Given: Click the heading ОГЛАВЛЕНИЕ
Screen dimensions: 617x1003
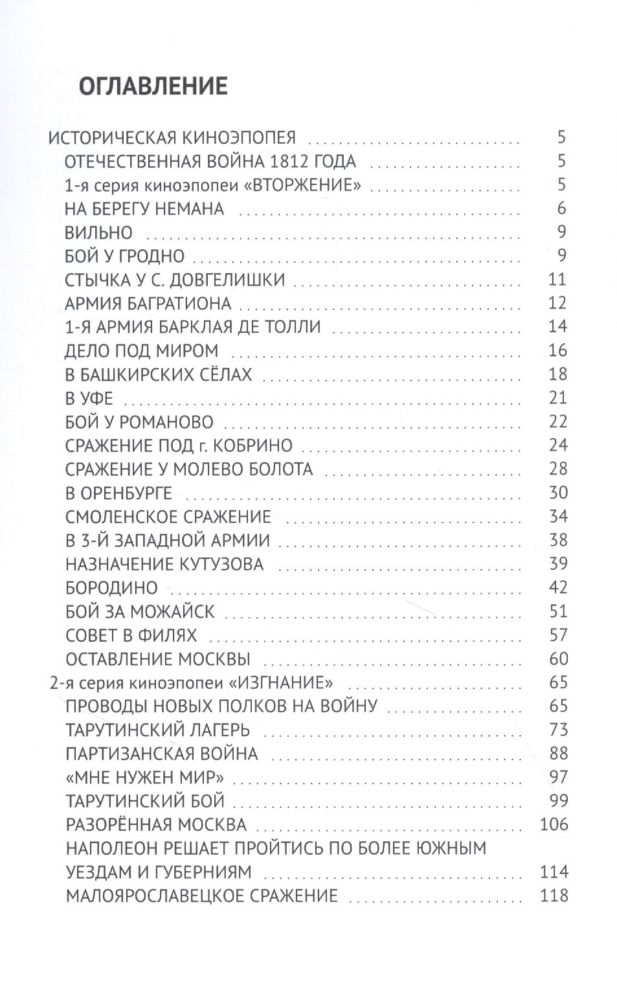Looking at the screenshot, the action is pos(152,86).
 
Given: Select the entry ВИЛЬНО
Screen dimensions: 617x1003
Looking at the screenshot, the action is pos(98,232).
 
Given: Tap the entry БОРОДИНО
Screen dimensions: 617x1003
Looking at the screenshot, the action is pos(111,588).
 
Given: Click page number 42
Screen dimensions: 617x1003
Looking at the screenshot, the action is pos(557,587).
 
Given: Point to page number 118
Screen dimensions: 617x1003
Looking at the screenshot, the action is pos(554,896).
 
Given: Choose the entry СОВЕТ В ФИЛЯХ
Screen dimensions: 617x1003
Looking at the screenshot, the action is pos(131,635).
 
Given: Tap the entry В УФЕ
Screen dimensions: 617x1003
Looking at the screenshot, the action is pos(89,398).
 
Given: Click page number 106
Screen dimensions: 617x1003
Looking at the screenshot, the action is pos(554,825).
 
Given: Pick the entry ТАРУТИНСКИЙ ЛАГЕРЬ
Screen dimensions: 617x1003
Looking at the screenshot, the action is pos(157,730).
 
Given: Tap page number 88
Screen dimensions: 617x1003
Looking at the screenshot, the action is pos(557,754).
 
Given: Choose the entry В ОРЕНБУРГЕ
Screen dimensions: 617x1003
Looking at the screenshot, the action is pos(118,493).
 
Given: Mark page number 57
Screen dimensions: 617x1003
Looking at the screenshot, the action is pos(557,635).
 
